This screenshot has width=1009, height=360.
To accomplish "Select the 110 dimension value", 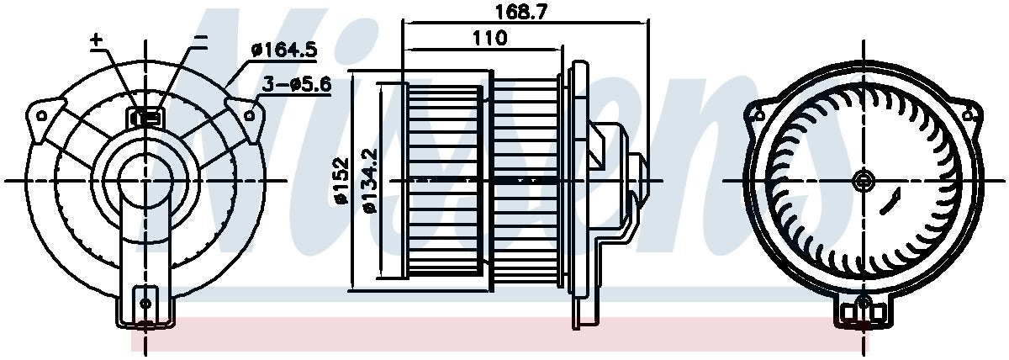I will (x=489, y=38).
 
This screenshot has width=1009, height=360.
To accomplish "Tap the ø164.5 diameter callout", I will (x=283, y=50).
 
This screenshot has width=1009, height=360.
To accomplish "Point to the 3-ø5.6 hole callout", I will (x=295, y=85).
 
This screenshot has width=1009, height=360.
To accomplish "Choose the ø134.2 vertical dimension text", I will (x=367, y=181).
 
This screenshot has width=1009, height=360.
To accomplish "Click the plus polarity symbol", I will (x=96, y=40).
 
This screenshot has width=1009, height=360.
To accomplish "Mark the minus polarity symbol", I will (x=200, y=39).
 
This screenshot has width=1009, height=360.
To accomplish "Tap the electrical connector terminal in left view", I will (x=145, y=117).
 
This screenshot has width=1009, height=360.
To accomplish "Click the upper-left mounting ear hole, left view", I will (x=42, y=110).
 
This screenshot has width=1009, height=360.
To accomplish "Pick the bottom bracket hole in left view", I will (x=145, y=301).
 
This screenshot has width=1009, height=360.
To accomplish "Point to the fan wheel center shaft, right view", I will (x=863, y=179).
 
